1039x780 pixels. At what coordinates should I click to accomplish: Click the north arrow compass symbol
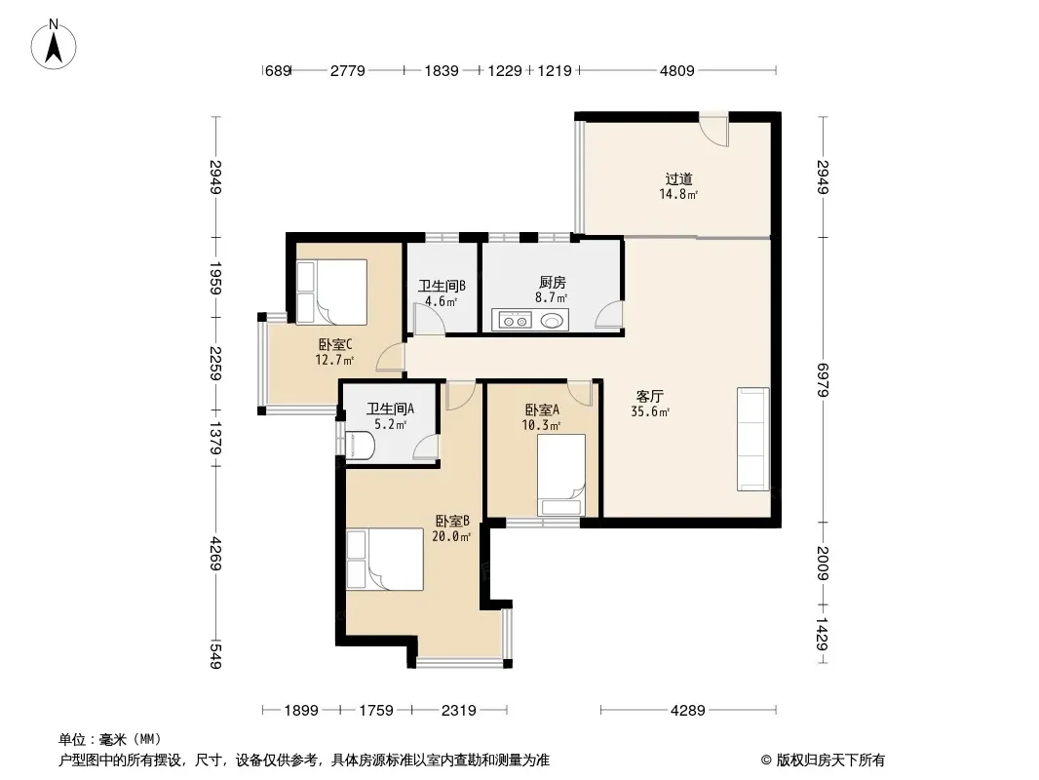54,45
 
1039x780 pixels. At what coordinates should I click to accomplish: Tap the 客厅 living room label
649,396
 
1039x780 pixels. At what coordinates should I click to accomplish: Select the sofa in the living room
753,440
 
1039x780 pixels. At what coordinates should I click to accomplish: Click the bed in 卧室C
331,292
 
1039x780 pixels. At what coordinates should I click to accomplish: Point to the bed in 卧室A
560,475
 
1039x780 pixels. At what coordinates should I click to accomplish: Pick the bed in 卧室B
384,559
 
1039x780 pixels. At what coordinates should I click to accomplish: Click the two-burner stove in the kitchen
516,321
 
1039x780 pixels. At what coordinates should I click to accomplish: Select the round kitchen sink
552,321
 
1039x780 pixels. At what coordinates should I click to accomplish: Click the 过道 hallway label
679,179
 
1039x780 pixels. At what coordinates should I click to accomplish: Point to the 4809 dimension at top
677,70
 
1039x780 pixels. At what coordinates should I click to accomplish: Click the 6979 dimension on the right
823,379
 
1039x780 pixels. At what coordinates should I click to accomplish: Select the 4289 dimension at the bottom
688,711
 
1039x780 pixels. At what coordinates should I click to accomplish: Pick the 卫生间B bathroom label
442,286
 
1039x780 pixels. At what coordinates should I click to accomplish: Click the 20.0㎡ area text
451,536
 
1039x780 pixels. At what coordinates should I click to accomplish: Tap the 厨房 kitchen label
552,283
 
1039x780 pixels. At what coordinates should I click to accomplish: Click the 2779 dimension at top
347,70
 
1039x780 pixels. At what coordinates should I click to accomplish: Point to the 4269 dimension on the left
215,554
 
